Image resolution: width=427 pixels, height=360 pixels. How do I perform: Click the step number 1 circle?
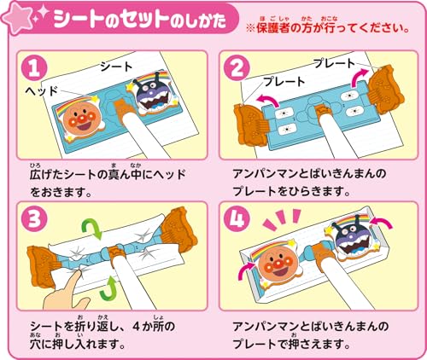point(34,68)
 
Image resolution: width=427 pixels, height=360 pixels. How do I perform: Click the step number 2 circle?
point(237,68)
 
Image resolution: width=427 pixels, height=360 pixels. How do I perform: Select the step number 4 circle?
point(237,219)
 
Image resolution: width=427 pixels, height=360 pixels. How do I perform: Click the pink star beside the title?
point(17,19)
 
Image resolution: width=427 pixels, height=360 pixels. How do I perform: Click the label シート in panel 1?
point(116,67)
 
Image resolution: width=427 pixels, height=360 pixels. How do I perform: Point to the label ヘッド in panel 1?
point(41,91)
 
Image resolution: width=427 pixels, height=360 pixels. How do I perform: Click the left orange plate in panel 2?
point(249,125)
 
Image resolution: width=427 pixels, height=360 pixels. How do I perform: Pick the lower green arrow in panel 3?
point(108,288)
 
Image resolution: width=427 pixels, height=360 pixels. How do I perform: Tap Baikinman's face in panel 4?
point(352,238)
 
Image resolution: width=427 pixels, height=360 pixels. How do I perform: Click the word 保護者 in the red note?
point(273,28)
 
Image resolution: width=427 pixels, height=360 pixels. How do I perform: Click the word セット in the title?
point(143,19)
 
